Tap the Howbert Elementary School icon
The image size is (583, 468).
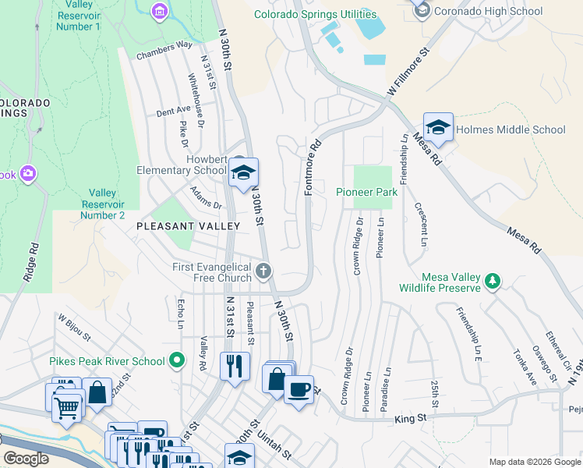pos(244,174)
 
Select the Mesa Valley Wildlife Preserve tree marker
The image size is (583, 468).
pos(492,281)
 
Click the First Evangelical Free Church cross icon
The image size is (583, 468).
pos(264,271)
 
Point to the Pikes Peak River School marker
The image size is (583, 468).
pos(177,360)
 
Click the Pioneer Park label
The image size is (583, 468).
pos(366,192)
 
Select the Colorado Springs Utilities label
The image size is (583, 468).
pos(316,14)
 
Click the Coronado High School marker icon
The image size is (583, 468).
pos(422,9)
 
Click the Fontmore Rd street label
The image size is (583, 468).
pos(313,168)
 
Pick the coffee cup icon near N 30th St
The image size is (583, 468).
pos(299,389)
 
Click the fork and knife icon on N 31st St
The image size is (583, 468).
pos(235,365)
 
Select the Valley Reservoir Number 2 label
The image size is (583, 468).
pos(107,204)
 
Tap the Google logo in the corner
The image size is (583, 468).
pos(26,459)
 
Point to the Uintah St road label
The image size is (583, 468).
pos(274,447)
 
